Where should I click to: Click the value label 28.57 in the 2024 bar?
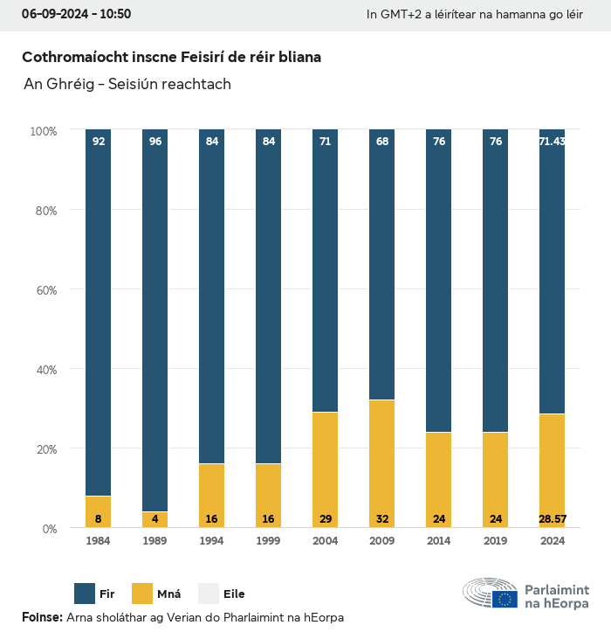point(552,519)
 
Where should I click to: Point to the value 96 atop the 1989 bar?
point(155,142)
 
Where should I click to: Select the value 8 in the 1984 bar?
point(99,519)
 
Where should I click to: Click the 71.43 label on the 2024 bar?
point(552,142)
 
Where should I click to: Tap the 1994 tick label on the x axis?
point(212,541)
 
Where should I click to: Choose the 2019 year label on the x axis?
point(495,541)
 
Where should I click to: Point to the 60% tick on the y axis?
point(44,289)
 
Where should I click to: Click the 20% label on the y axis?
point(44,448)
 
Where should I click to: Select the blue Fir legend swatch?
point(85,594)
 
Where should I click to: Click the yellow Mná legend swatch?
point(142,594)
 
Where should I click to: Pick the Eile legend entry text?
point(234,594)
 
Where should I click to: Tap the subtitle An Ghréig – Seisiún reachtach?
point(127,84)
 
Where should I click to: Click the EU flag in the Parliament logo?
point(505,599)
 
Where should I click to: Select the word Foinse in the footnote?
point(42,618)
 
